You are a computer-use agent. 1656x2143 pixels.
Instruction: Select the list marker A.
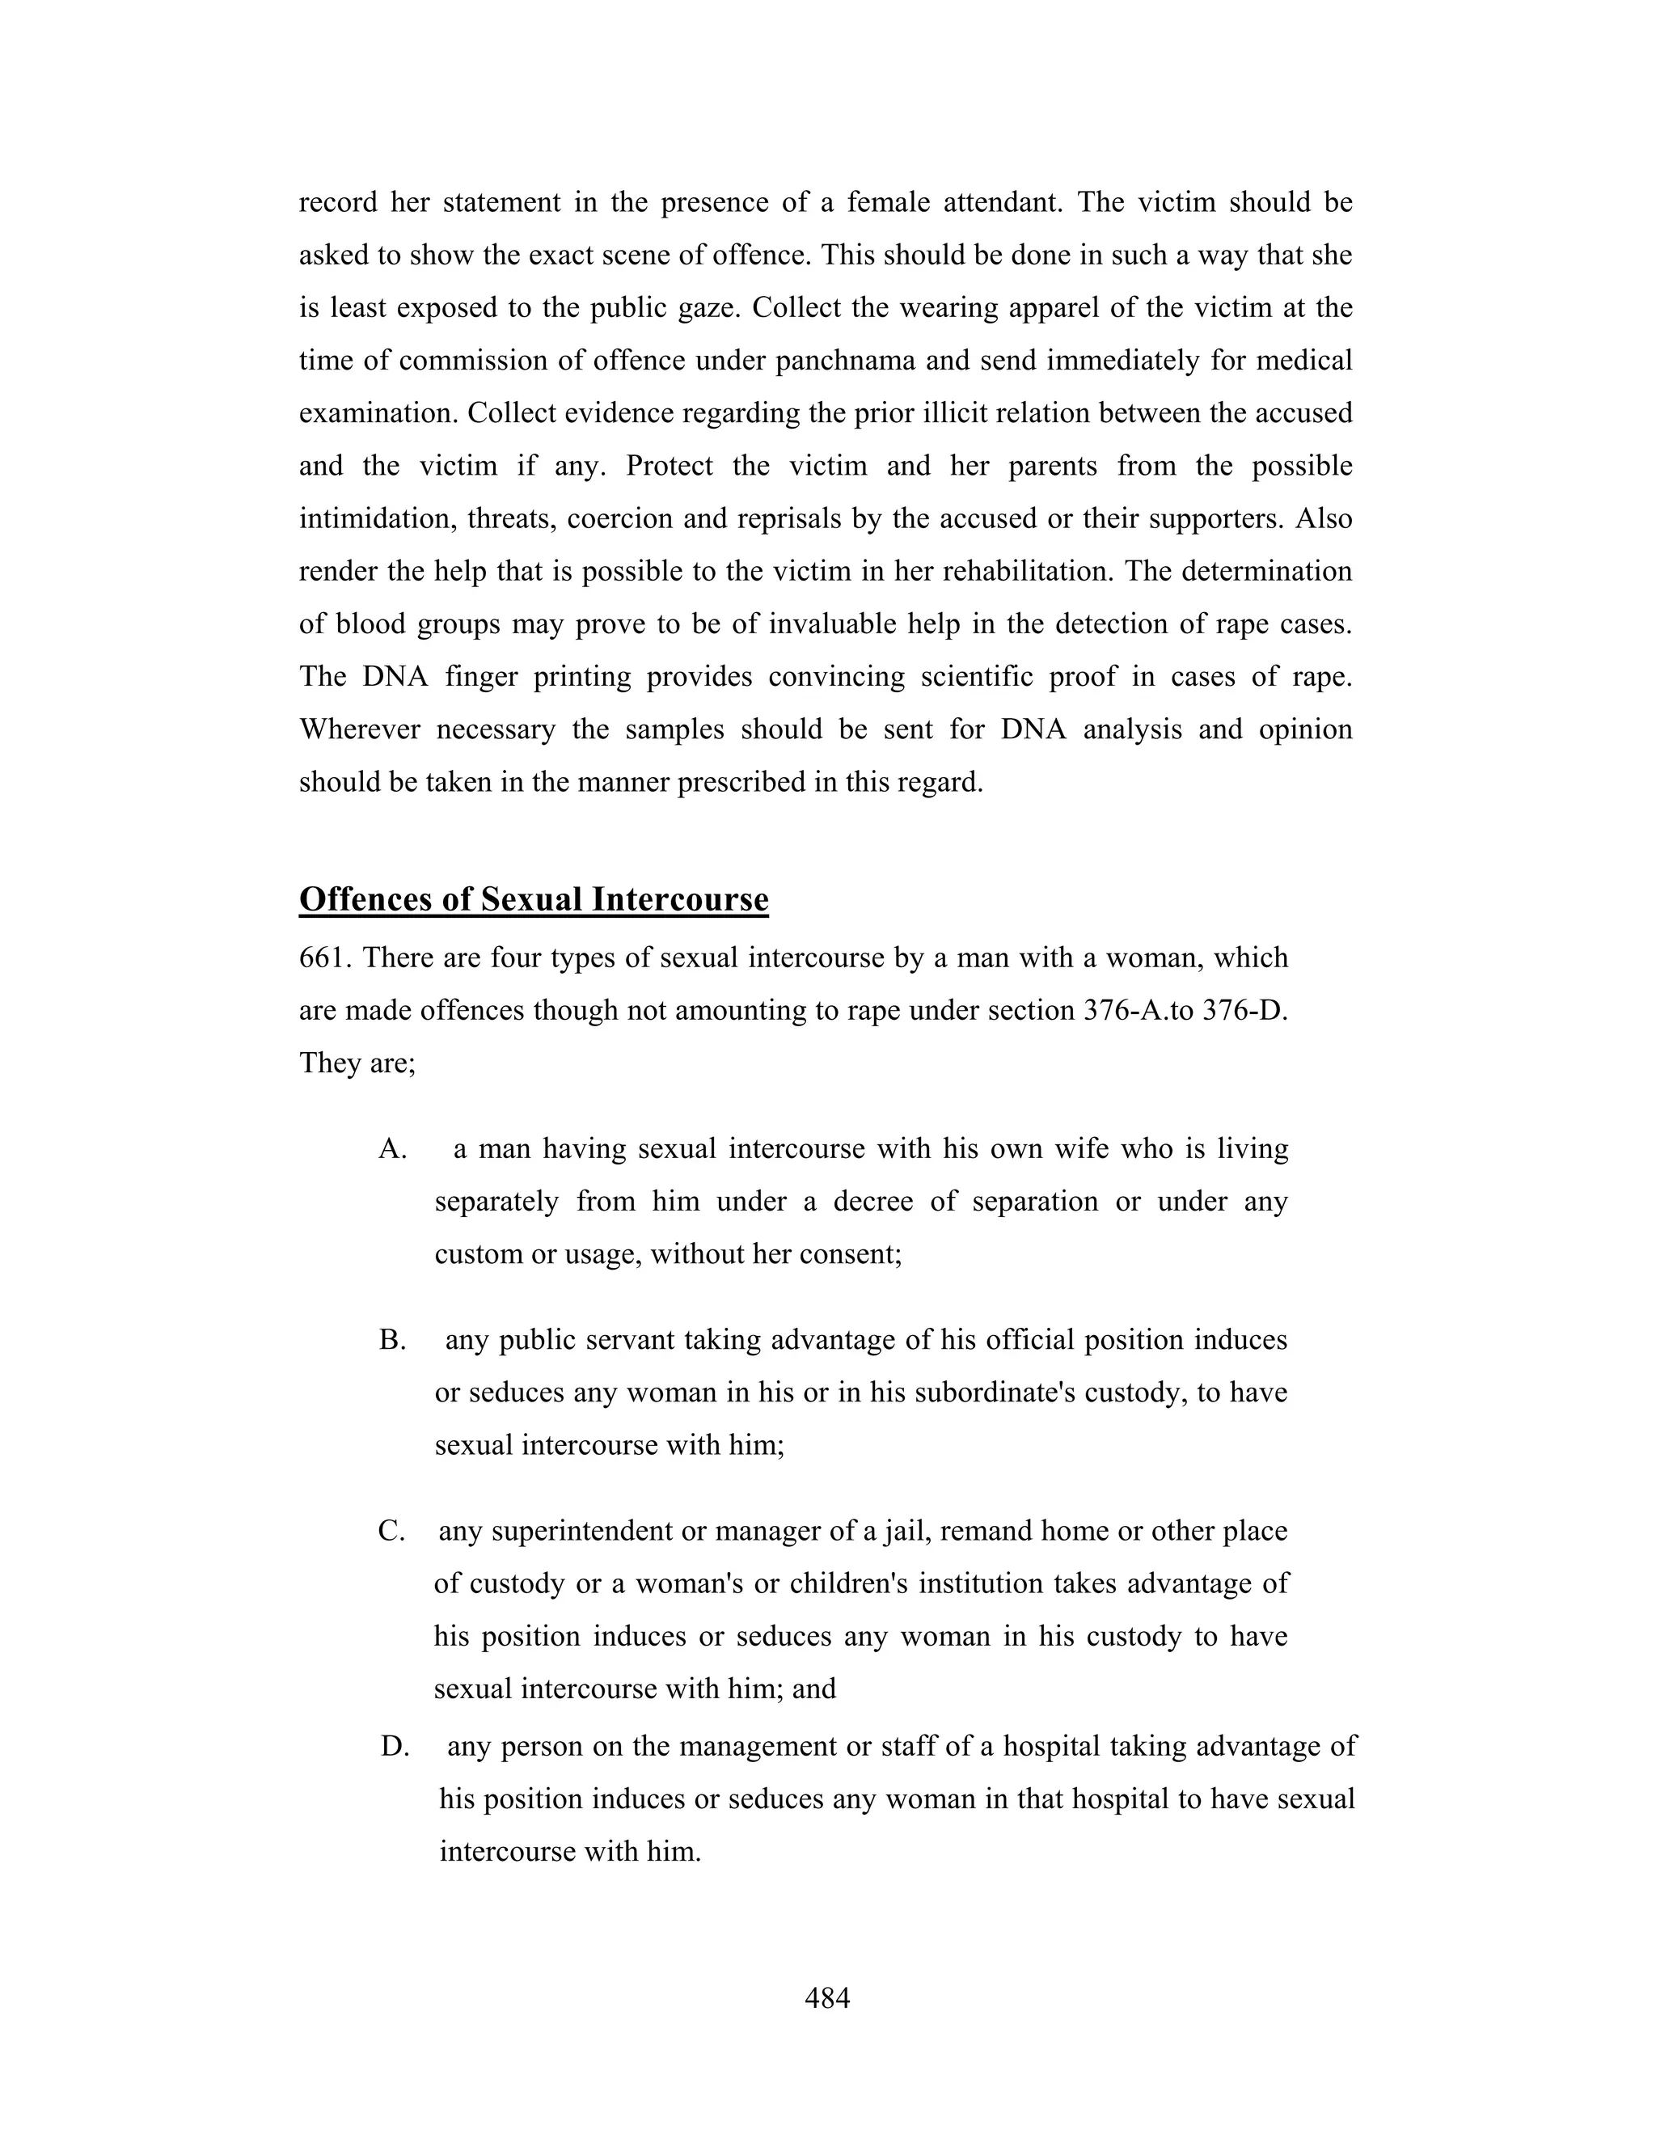pos(392,1149)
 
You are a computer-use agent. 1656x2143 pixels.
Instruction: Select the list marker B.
pos(392,1340)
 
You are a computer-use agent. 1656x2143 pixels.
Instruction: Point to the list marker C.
pos(391,1532)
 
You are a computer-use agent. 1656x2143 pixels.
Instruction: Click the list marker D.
pos(395,1747)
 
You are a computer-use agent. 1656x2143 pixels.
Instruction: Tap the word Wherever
pos(359,730)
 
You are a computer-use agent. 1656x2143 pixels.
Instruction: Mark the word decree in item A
pos(873,1202)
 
